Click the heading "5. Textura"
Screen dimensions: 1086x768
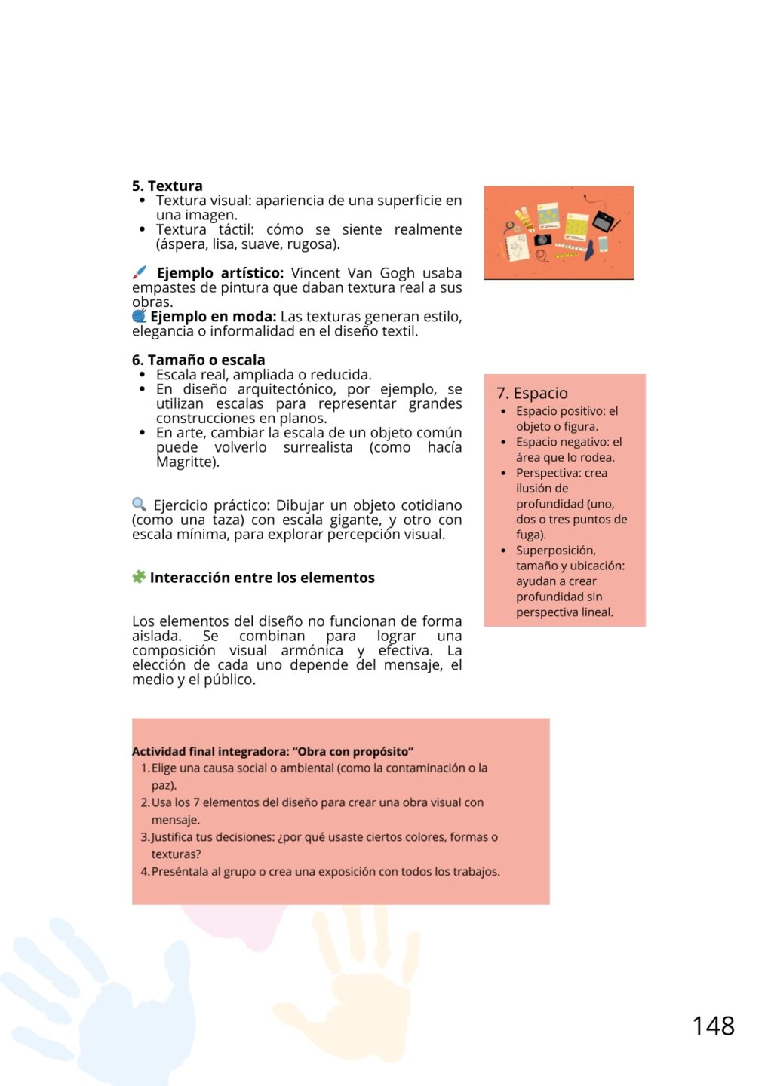[x=167, y=186]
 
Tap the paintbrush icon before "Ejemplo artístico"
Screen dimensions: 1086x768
[x=140, y=272]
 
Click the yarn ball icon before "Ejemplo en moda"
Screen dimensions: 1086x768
[x=139, y=316]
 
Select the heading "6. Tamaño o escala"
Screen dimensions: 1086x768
[x=198, y=360]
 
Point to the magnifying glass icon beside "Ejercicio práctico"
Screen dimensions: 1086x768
[x=139, y=504]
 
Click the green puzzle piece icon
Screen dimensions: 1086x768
[x=139, y=577]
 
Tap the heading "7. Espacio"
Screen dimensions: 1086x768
[x=532, y=393]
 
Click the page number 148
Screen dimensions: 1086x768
[x=713, y=1026]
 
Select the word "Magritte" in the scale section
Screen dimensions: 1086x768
[x=186, y=462]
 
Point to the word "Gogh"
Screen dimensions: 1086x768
[x=397, y=273]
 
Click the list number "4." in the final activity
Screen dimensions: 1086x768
[x=145, y=872]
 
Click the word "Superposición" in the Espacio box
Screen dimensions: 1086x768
[x=556, y=551]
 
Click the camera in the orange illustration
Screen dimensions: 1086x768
[x=542, y=239]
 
